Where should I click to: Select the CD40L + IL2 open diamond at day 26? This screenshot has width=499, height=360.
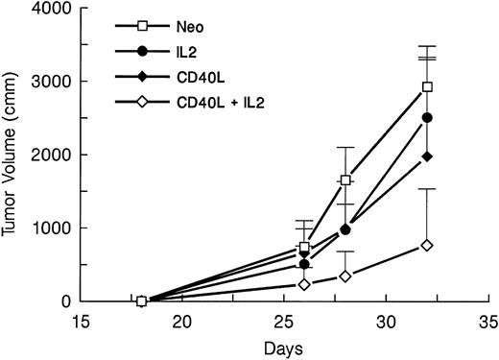click(x=304, y=284)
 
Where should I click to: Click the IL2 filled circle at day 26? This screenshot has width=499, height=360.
click(x=304, y=264)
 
